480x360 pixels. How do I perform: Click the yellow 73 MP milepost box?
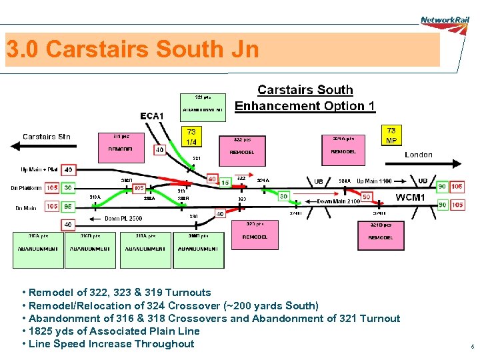391,135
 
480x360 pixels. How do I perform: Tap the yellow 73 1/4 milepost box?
191,137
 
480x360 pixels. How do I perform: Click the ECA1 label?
151,116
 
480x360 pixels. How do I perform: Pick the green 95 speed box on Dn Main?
68,207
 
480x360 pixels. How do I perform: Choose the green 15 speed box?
225,182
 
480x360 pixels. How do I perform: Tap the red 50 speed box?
366,197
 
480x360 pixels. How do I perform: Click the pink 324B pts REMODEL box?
381,233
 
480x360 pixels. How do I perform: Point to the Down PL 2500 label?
123,219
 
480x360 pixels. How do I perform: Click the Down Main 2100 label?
338,201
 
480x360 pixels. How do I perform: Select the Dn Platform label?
26,188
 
